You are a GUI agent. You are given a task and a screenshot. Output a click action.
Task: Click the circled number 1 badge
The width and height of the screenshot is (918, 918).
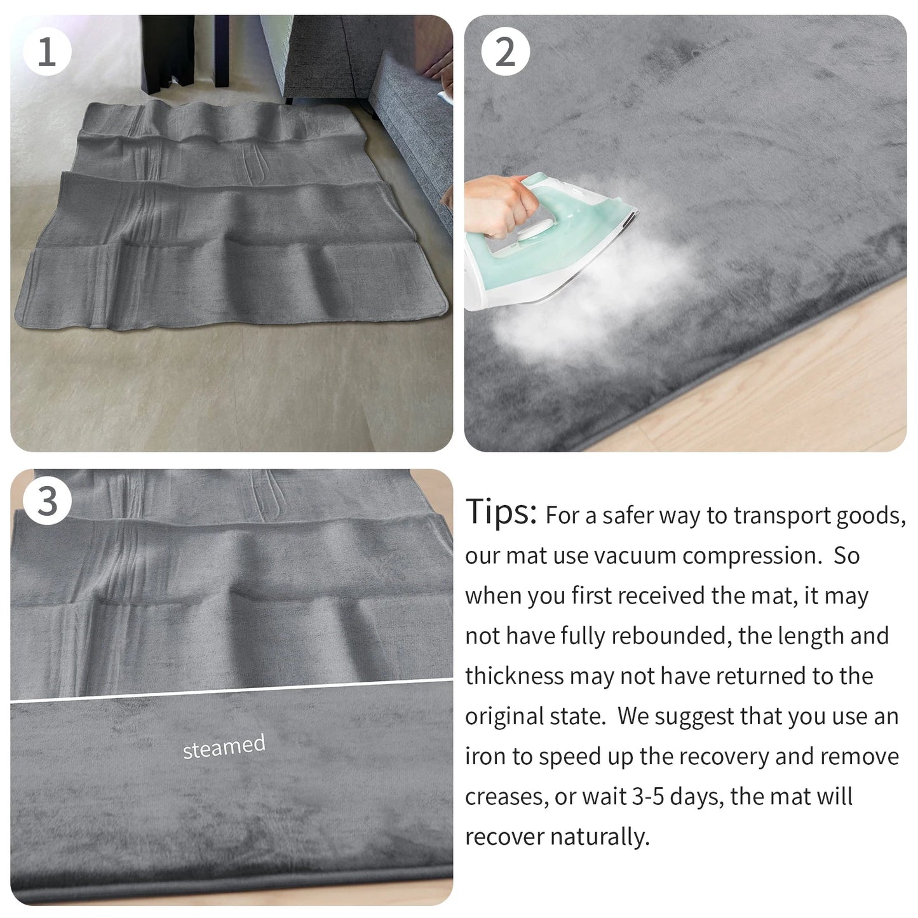pyautogui.click(x=46, y=51)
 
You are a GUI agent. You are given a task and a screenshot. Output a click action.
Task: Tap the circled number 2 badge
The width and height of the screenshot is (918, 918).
pyautogui.click(x=505, y=51)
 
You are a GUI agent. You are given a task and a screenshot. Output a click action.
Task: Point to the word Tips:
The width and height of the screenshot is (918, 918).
pyautogui.click(x=501, y=511)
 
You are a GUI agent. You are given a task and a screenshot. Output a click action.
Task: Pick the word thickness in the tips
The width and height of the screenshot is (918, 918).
pyautogui.click(x=514, y=676)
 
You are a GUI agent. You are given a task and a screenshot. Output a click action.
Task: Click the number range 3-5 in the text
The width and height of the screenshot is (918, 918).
pyautogui.click(x=656, y=797)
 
